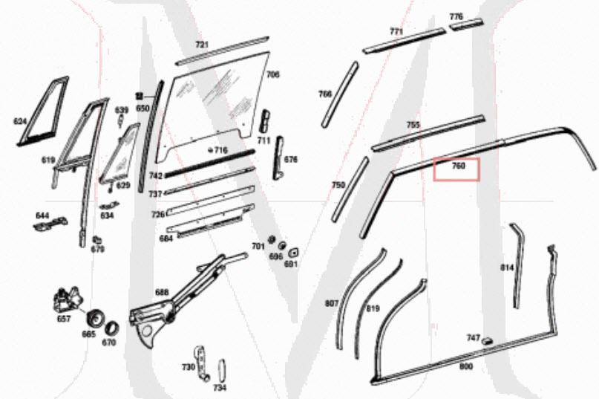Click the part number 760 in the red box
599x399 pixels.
coord(458,166)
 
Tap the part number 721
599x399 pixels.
coord(202,45)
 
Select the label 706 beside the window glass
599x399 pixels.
coord(273,74)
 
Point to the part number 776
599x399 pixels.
coord(456,16)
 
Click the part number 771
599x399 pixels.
coord(396,31)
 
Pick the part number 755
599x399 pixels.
coord(413,125)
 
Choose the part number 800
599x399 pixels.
coord(465,366)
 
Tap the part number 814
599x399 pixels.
coord(507,267)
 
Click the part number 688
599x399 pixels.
coord(161,292)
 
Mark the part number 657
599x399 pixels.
coord(64,319)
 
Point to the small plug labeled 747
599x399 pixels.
coord(489,340)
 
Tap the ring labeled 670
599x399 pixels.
coord(112,327)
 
